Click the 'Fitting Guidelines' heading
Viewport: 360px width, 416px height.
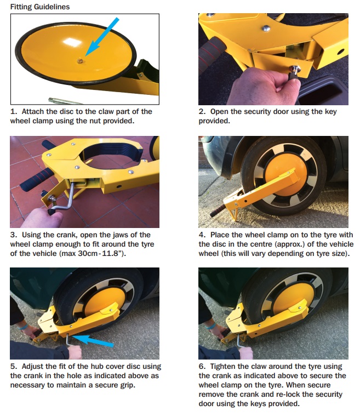pos(40,7)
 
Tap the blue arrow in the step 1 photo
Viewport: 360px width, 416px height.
pos(102,37)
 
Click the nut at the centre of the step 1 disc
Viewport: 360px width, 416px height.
pos(80,61)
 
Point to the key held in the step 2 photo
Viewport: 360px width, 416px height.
pos(294,72)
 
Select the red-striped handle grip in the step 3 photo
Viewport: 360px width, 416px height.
pos(36,179)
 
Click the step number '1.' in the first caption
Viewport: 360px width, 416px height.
pos(14,112)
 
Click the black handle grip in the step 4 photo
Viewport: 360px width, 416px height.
pos(218,210)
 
